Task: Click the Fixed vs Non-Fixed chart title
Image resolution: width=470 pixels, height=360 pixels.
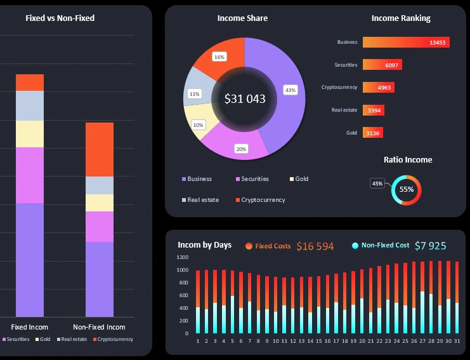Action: click(x=60, y=18)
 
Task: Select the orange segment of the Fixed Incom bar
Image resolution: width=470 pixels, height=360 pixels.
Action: click(x=30, y=83)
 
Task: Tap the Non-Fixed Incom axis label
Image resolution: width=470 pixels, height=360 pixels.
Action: click(x=99, y=327)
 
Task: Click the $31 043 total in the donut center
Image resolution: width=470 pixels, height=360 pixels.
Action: click(x=245, y=99)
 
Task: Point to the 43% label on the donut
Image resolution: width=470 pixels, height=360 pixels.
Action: click(x=290, y=90)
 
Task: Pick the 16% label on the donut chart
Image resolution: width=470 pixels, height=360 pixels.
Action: click(x=219, y=57)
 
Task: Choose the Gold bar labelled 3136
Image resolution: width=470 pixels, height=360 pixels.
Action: click(x=372, y=133)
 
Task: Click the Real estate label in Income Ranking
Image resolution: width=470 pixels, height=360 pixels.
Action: click(x=344, y=110)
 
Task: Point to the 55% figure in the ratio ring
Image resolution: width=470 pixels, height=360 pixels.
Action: click(x=407, y=189)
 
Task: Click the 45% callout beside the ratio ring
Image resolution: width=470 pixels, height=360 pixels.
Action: click(x=377, y=183)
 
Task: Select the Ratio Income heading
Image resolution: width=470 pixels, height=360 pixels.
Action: click(x=407, y=160)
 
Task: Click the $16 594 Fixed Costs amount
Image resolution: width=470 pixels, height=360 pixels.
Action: click(x=315, y=246)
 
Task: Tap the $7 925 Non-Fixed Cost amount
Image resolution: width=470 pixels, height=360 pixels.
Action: click(x=430, y=246)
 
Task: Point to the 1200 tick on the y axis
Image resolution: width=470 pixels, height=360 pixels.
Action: click(x=183, y=258)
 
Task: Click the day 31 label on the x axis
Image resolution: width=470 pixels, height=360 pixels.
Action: click(x=456, y=341)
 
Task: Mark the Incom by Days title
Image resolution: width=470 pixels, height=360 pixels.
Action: click(x=204, y=245)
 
